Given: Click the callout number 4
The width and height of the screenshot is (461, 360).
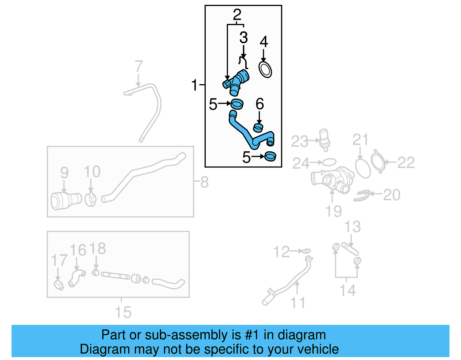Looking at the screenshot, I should (x=264, y=42).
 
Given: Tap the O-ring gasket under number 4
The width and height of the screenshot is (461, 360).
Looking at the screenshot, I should (x=265, y=69).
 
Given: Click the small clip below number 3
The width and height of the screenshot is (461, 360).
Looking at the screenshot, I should (x=243, y=62).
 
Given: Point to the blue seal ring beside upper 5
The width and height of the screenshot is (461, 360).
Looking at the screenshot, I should (x=237, y=104).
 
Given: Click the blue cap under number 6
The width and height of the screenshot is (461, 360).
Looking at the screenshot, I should (x=258, y=128).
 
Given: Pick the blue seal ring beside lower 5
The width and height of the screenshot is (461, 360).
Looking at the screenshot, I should (x=271, y=157).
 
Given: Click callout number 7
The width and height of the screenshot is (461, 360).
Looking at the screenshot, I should (x=139, y=66).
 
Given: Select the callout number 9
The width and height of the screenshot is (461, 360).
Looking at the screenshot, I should (x=64, y=173).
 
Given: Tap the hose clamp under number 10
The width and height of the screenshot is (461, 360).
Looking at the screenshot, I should (x=91, y=199).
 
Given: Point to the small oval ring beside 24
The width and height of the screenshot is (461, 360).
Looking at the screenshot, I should (x=329, y=162).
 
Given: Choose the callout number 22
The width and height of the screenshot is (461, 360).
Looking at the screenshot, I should (x=406, y=163).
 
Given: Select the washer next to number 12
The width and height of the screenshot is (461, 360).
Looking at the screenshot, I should (x=306, y=251).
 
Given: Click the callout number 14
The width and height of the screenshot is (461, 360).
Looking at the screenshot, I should (x=348, y=290).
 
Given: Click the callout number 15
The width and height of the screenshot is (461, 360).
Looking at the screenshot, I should (x=123, y=312).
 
